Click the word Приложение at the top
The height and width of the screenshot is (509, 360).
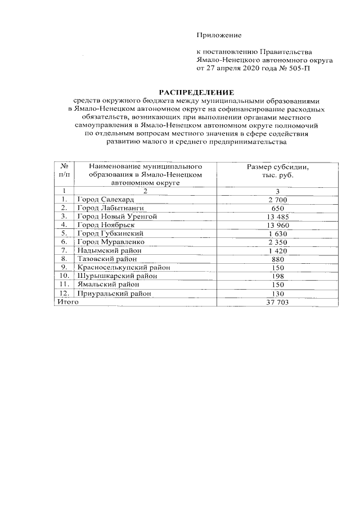pyautogui.click(x=219, y=35)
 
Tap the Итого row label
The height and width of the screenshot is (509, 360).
pyautogui.click(x=66, y=302)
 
